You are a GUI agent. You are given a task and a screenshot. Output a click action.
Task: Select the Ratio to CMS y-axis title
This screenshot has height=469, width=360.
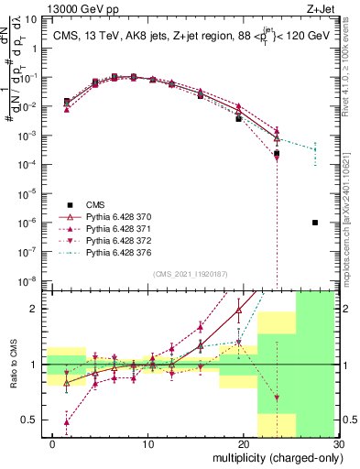coord(12,365)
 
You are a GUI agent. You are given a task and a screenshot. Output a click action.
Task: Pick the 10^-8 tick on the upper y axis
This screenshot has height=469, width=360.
coord(29,280)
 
